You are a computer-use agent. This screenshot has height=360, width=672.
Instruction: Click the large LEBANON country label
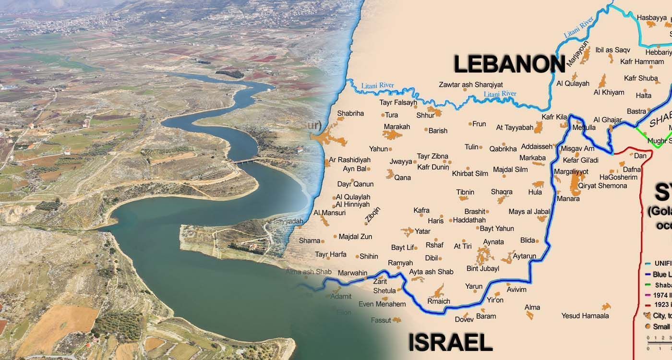tap(509, 64)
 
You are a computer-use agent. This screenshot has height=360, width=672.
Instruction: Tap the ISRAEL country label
tap(450, 343)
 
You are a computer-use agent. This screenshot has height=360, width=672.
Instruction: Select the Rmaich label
tap(439, 301)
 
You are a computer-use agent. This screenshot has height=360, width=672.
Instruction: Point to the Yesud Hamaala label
tap(585, 315)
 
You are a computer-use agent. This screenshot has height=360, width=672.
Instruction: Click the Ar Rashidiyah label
tap(349, 160)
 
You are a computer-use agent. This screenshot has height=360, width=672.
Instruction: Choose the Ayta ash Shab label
tap(431, 272)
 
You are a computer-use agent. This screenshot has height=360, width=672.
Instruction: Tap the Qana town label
tap(402, 178)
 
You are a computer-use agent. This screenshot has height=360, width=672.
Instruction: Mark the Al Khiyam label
tap(609, 92)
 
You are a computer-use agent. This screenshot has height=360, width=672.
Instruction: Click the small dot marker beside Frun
tap(470, 124)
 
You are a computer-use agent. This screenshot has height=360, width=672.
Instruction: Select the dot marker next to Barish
tap(426, 130)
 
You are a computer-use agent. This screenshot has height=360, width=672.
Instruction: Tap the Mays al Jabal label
tap(529, 212)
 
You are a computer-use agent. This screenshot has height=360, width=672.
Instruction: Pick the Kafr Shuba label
tap(641, 78)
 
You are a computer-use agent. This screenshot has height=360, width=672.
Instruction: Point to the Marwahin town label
tap(352, 273)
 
